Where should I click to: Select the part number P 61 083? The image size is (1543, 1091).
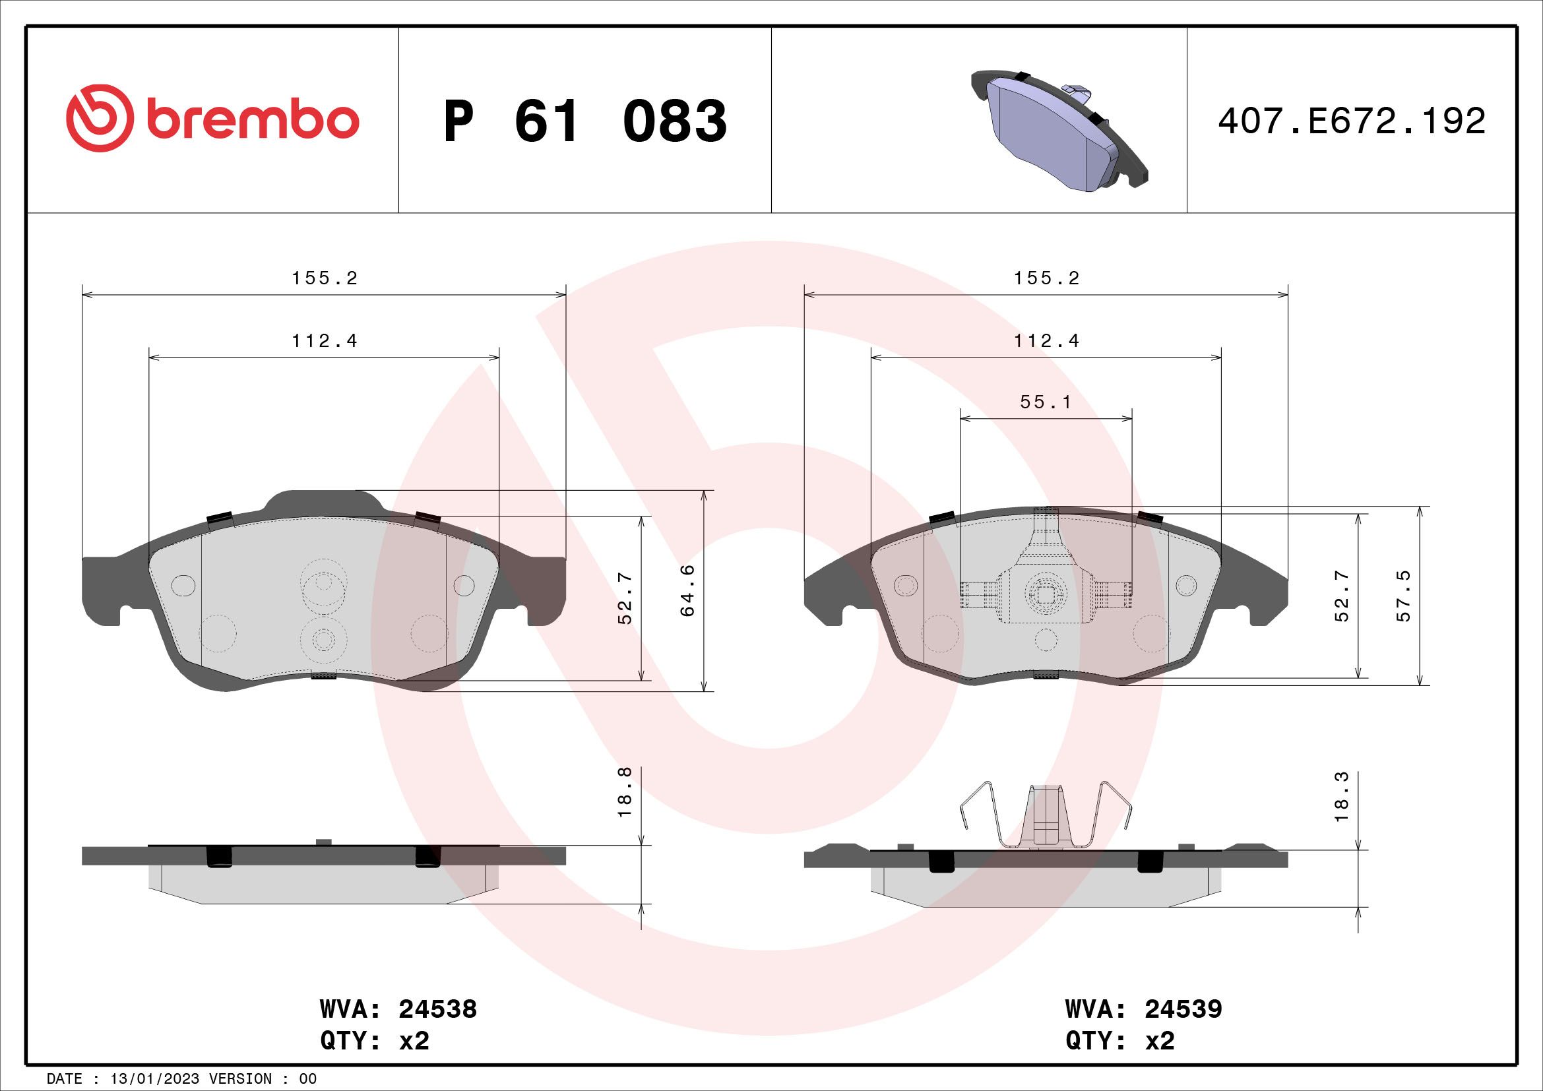(x=584, y=121)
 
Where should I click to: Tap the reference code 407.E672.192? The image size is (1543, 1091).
(x=1352, y=121)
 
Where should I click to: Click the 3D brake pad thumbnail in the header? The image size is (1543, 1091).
(x=1060, y=130)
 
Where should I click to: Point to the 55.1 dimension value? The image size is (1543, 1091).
(x=1045, y=402)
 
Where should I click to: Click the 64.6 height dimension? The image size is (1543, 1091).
(x=687, y=590)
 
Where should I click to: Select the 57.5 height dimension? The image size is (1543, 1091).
(x=1404, y=596)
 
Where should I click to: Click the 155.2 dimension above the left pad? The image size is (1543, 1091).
(x=324, y=278)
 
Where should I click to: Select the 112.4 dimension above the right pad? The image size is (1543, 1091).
(x=1046, y=341)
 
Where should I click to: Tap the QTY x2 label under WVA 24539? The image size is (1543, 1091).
(x=1119, y=1042)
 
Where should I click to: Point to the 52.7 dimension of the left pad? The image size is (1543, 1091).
(x=625, y=598)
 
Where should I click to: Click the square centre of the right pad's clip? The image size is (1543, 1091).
(x=1045, y=592)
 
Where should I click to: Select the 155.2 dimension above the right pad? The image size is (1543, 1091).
(x=1046, y=278)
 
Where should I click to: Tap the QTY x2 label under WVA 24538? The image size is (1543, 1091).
(x=374, y=1042)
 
